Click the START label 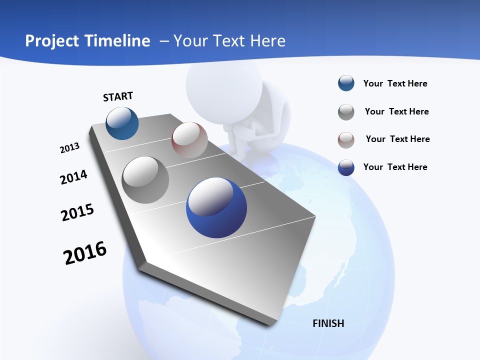[118, 96]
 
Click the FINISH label [328, 323]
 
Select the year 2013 [69, 148]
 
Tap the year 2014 [73, 177]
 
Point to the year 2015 [77, 212]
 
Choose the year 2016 [85, 253]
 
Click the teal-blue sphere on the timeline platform [122, 123]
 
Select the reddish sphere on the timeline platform [189, 140]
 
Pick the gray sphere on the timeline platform [145, 179]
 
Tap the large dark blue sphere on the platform [216, 207]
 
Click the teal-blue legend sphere [346, 83]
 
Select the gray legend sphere [346, 112]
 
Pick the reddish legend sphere [346, 140]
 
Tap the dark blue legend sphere [346, 167]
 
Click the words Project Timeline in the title [87, 41]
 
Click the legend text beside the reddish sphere [397, 139]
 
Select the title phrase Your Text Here [229, 41]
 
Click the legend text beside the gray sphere [396, 111]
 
